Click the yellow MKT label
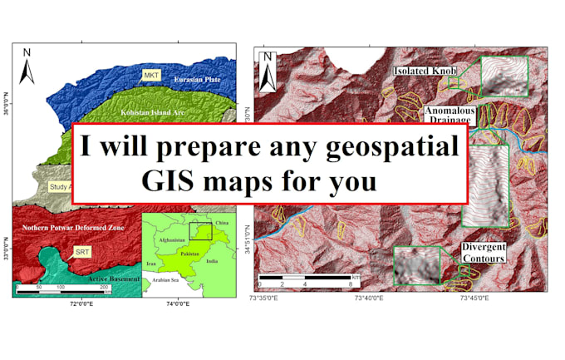point(152,75)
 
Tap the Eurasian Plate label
point(197,80)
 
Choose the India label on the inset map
point(213,259)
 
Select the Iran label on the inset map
point(151,262)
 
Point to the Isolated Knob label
point(425,72)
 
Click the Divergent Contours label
point(484,253)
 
